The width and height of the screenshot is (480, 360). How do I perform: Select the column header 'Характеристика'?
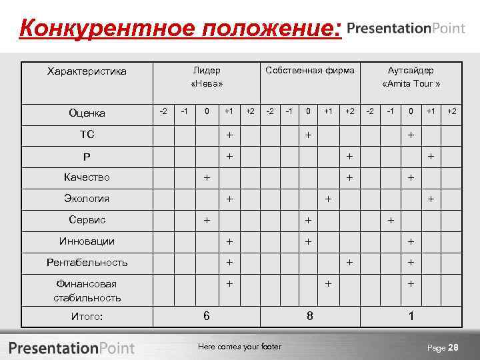(x=87, y=71)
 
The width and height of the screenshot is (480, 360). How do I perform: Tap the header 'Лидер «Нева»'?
(x=207, y=77)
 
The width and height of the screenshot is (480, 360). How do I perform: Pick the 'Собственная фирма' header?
(x=309, y=70)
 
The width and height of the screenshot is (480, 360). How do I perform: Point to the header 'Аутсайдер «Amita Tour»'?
(x=411, y=77)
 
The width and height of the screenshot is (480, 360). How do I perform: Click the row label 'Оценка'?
(x=87, y=113)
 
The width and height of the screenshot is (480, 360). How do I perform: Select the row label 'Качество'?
(x=87, y=177)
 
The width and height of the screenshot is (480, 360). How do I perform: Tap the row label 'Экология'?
(x=87, y=199)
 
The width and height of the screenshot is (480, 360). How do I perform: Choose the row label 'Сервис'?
(x=87, y=220)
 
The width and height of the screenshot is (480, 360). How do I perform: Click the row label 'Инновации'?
(x=87, y=241)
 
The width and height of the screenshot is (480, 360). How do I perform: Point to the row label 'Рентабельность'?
(x=87, y=263)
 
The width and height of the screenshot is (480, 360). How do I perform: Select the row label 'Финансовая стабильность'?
(x=87, y=291)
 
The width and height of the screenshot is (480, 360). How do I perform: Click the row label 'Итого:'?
(x=87, y=317)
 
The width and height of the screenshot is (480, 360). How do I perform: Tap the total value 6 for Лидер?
(x=206, y=315)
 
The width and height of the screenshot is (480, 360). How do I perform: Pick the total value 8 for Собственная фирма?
(x=309, y=315)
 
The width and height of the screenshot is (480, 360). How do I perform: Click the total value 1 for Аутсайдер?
(x=411, y=315)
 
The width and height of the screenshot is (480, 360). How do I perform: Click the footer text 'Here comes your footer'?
(x=240, y=347)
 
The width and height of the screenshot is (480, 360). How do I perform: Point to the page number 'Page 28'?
(x=443, y=347)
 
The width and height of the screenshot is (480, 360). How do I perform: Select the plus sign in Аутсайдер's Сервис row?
(x=391, y=220)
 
